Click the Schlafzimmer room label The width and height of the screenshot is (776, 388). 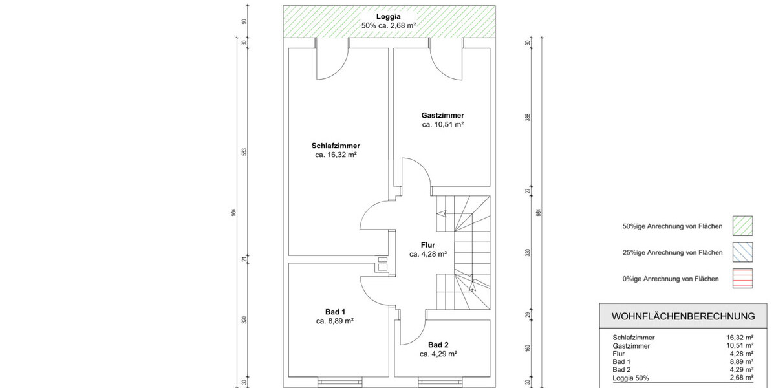[x=336, y=145]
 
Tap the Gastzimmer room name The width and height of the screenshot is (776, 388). [x=442, y=115]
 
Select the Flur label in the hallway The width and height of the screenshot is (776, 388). [x=427, y=244]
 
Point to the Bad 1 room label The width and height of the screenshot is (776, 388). [x=334, y=311]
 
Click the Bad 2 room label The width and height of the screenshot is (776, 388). [x=438, y=344]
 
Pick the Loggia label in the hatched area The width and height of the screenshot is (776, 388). [x=389, y=16]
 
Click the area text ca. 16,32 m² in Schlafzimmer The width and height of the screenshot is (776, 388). [x=336, y=155]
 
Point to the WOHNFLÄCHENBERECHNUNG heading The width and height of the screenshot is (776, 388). [x=683, y=316]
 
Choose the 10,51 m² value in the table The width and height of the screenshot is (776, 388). [x=740, y=346]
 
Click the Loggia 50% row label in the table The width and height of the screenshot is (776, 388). [x=630, y=378]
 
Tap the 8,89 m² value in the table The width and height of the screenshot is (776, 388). [x=740, y=362]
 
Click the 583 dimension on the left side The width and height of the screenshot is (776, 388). [x=244, y=152]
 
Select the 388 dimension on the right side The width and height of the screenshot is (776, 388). [x=528, y=118]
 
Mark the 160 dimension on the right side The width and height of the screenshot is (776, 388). [x=528, y=349]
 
